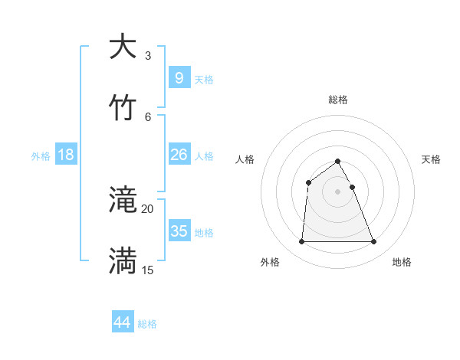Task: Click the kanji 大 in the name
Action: (x=123, y=47)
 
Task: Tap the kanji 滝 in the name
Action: (x=123, y=201)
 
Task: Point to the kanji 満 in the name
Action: (x=123, y=260)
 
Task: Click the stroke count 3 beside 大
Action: (x=148, y=56)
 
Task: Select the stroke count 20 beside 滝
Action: (x=148, y=209)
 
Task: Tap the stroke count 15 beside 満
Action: (x=148, y=270)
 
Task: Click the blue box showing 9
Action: (x=179, y=77)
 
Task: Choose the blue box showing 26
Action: (x=179, y=155)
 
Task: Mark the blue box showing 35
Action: (x=179, y=231)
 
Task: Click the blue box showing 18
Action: (x=66, y=155)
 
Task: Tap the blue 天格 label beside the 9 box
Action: (x=204, y=80)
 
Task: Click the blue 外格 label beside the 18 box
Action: (x=41, y=156)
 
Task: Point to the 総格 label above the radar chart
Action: (x=338, y=100)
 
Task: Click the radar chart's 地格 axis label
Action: (x=402, y=263)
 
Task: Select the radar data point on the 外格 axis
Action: (x=301, y=242)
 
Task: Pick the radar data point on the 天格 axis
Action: (x=352, y=187)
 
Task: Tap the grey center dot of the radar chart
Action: (x=338, y=191)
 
